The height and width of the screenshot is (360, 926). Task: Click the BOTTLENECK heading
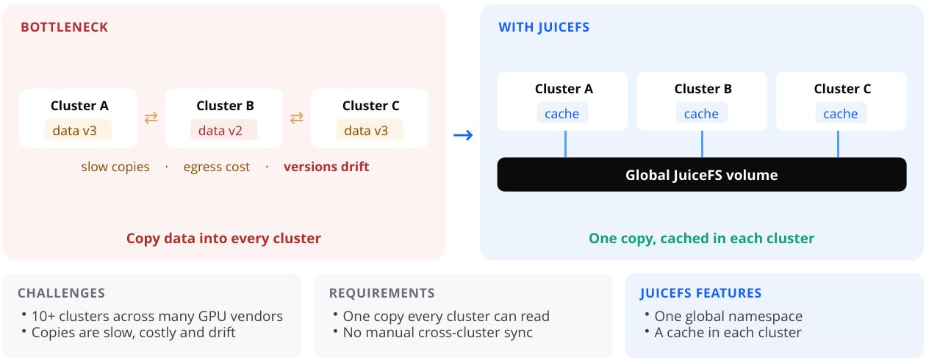click(65, 27)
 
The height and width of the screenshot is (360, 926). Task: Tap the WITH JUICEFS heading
click(544, 27)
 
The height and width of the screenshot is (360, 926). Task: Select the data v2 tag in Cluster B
click(223, 130)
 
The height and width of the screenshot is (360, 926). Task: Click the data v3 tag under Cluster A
click(78, 130)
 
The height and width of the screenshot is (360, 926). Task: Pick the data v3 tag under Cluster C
click(370, 130)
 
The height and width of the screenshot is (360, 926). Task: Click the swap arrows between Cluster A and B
click(151, 118)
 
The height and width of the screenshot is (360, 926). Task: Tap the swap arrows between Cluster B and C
click(296, 118)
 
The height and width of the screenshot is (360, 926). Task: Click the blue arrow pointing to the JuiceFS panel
click(463, 135)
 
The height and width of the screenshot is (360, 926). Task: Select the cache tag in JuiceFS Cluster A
click(562, 113)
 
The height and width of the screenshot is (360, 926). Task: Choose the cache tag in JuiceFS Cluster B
click(702, 113)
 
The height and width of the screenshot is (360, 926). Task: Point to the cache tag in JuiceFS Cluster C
click(841, 113)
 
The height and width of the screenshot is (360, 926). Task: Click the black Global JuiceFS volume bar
click(702, 174)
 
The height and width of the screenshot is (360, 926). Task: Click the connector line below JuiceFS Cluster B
click(702, 144)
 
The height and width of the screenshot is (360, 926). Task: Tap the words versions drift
click(326, 167)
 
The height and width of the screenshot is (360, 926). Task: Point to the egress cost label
click(217, 167)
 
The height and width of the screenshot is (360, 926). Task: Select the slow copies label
click(115, 167)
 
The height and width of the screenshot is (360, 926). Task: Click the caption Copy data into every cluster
click(223, 239)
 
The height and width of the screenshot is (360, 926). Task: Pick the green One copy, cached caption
click(702, 239)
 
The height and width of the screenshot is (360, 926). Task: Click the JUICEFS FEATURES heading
click(700, 293)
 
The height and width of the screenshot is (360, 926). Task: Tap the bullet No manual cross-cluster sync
click(438, 332)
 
